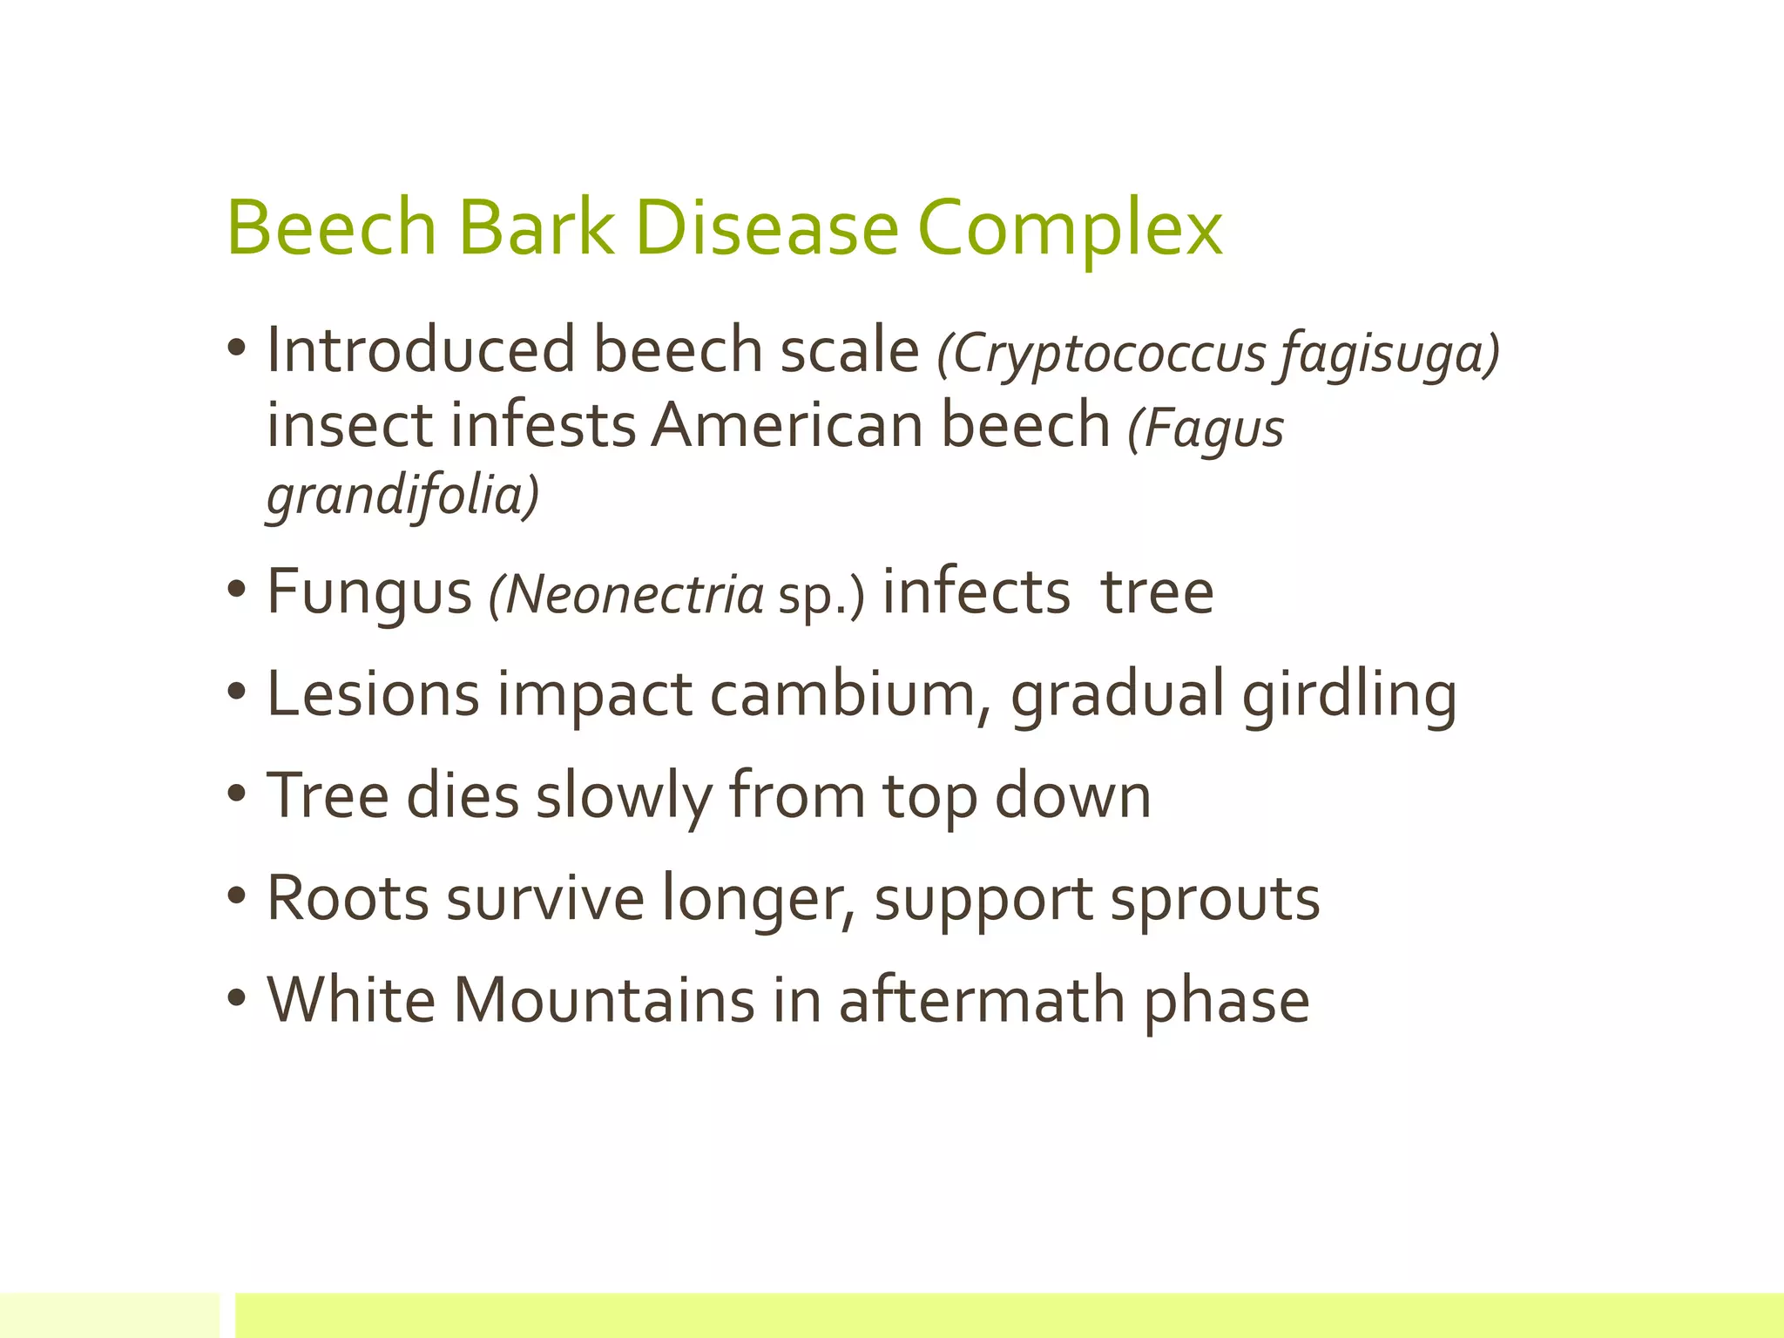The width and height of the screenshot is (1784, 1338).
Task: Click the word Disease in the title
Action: (x=767, y=228)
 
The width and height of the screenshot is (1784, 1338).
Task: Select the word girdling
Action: (x=1349, y=696)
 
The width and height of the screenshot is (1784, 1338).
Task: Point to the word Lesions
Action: (x=373, y=694)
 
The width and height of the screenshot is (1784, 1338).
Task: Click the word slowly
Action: (x=624, y=796)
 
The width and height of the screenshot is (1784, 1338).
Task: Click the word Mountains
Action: (x=604, y=999)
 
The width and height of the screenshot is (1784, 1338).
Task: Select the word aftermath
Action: (x=982, y=999)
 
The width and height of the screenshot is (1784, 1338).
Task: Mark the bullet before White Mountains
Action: (x=237, y=999)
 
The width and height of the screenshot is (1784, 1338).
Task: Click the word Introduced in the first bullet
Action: (x=421, y=350)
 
